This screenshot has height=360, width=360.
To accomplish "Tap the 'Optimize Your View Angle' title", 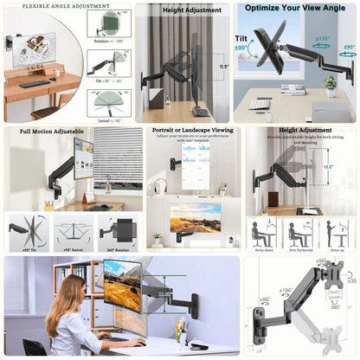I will [x=294, y=8].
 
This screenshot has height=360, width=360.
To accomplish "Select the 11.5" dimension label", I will [x=223, y=66].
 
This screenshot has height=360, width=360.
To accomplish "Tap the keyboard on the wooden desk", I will [x=35, y=84].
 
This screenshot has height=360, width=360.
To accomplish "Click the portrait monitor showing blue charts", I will [x=197, y=164].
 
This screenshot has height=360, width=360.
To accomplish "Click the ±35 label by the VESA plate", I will [x=350, y=280].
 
